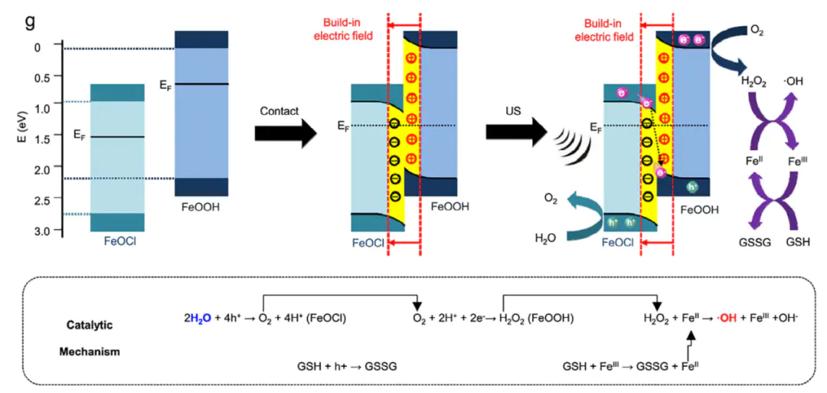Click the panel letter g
(30, 21)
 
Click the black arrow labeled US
(515, 132)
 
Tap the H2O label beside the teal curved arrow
(545, 238)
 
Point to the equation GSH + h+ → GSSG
(346, 365)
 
